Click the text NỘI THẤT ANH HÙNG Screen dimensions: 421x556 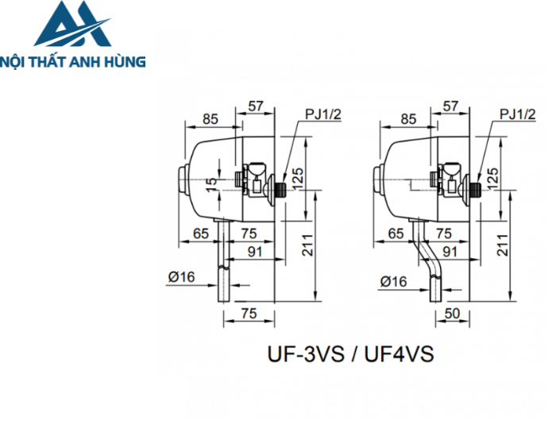[x=73, y=60]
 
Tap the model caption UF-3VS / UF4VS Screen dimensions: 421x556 [x=350, y=353]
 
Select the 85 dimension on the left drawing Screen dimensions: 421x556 [x=210, y=119]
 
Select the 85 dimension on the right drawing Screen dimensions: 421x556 [x=408, y=119]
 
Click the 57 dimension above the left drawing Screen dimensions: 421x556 [x=256, y=106]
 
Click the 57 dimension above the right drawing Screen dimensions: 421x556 [x=450, y=106]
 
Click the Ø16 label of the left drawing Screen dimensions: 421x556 [x=183, y=276]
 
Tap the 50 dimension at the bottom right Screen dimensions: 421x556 [x=452, y=314]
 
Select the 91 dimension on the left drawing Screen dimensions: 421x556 [x=255, y=251]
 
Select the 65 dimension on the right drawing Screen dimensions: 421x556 [x=395, y=234]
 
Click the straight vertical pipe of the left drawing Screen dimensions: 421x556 [x=225, y=270]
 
